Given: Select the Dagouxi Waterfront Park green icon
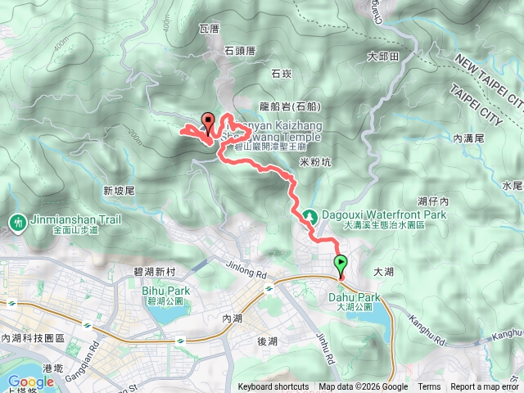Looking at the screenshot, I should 309,216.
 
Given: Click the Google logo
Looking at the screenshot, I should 30,382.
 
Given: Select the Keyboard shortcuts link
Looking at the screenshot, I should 273,387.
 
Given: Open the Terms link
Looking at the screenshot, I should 429,387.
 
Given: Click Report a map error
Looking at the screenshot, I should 486,387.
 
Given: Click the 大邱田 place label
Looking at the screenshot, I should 382,56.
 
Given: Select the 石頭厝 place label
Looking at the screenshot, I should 240,51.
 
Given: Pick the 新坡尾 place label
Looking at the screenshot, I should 119,190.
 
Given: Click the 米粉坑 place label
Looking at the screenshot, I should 315,162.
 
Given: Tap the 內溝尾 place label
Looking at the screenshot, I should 469,117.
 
